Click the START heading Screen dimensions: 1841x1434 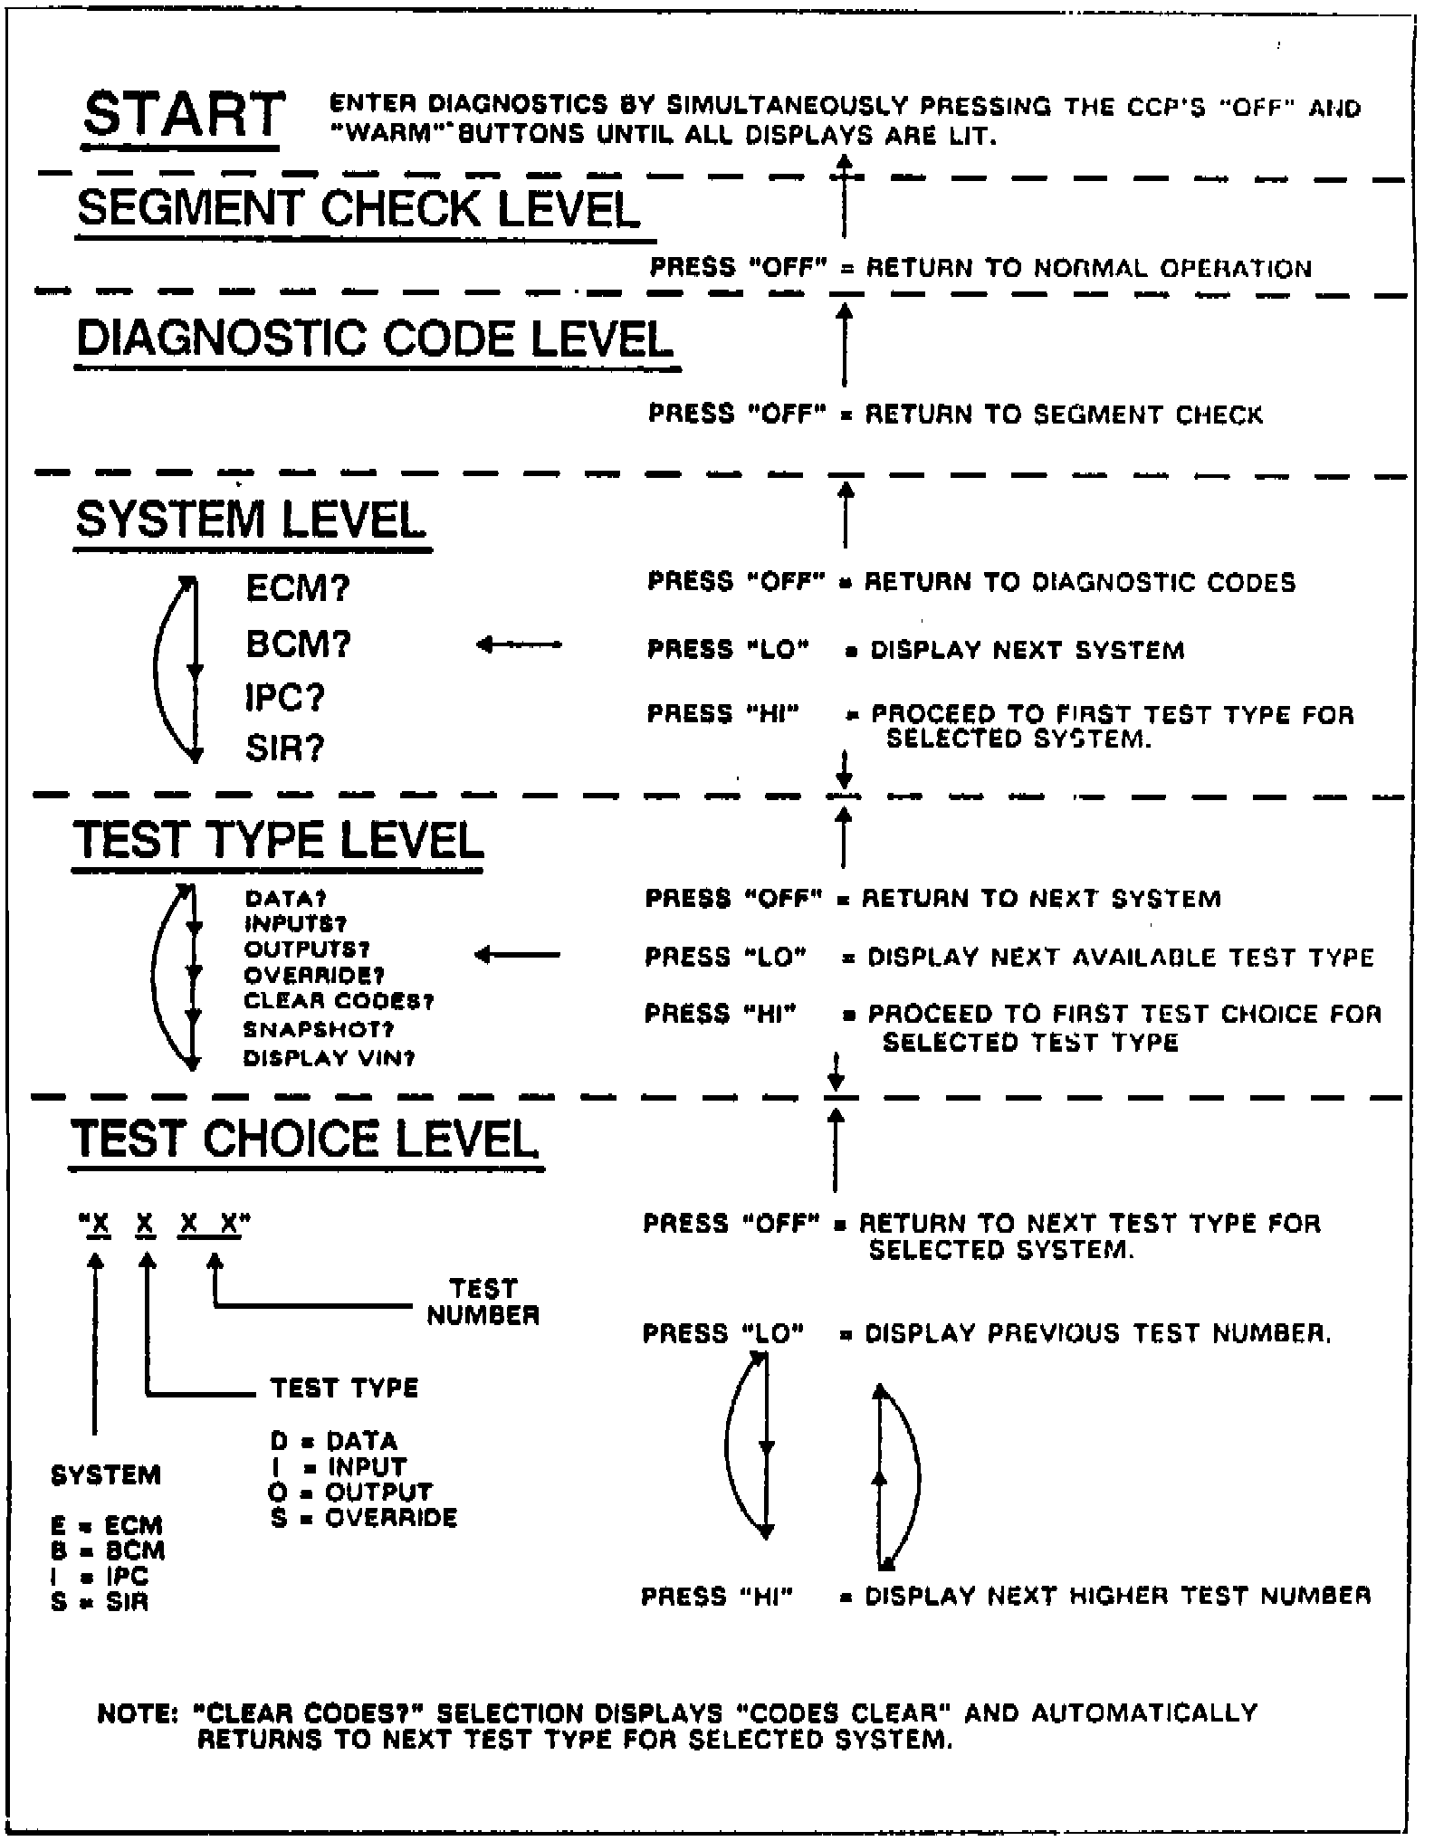184,117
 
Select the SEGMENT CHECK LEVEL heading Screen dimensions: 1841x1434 358,209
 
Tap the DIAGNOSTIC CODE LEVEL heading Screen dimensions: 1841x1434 375,339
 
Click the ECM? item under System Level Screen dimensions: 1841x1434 297,589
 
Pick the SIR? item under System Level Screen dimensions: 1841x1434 284,749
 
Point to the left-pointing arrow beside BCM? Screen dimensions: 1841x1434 519,645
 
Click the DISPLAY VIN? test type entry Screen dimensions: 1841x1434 329,1058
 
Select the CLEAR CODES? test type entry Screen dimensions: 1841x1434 339,1002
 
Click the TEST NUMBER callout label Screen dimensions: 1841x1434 483,1302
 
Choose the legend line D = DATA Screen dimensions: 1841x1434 333,1441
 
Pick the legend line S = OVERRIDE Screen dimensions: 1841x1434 363,1517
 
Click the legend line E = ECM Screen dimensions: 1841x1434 107,1526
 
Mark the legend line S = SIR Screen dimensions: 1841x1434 100,1602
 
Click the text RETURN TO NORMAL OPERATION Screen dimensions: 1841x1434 1088,269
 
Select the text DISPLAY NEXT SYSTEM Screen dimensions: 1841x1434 1027,651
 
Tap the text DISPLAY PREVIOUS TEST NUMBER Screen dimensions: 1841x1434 1097,1334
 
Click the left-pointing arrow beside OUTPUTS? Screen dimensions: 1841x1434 518,955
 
